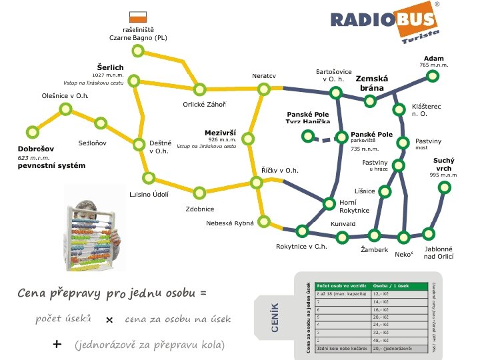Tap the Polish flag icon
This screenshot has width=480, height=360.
coord(138,17)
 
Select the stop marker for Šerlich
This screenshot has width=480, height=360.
coord(134,81)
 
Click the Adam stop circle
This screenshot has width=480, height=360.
coord(433,76)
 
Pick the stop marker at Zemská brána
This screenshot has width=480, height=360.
coord(369,101)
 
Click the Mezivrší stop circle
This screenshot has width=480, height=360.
coord(248,139)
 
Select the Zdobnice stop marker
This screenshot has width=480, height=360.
coord(199,193)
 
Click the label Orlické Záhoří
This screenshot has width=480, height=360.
coord(204,104)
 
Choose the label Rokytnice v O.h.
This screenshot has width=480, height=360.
coord(301,247)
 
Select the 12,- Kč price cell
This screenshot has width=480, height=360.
coord(383,293)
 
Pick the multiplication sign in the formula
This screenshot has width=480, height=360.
coord(110,320)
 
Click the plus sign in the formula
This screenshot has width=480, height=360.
coord(57,344)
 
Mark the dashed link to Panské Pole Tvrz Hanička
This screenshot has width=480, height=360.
coord(325,139)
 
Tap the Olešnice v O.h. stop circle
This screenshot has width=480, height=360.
coord(65,109)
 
